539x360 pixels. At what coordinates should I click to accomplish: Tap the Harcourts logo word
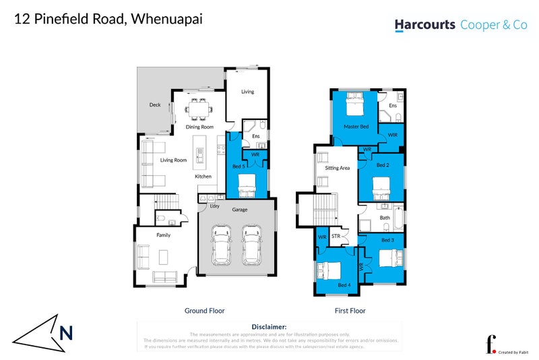(424, 25)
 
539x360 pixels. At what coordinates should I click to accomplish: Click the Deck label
(155, 105)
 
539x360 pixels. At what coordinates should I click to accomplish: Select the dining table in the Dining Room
(198, 109)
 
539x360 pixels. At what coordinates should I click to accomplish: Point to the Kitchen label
(203, 177)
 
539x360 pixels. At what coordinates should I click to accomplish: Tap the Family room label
(163, 235)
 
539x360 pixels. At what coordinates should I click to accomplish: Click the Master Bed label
(355, 127)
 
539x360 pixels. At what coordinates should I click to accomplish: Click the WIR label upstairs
(392, 136)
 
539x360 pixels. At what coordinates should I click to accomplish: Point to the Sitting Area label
(337, 168)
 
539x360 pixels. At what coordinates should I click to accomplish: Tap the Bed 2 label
(383, 165)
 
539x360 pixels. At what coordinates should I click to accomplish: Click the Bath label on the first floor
(385, 218)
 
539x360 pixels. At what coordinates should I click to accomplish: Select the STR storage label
(336, 237)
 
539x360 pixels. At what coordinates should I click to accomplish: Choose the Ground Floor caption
(204, 311)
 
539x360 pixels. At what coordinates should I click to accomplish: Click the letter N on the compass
(65, 332)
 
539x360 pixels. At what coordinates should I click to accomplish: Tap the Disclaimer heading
(269, 326)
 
